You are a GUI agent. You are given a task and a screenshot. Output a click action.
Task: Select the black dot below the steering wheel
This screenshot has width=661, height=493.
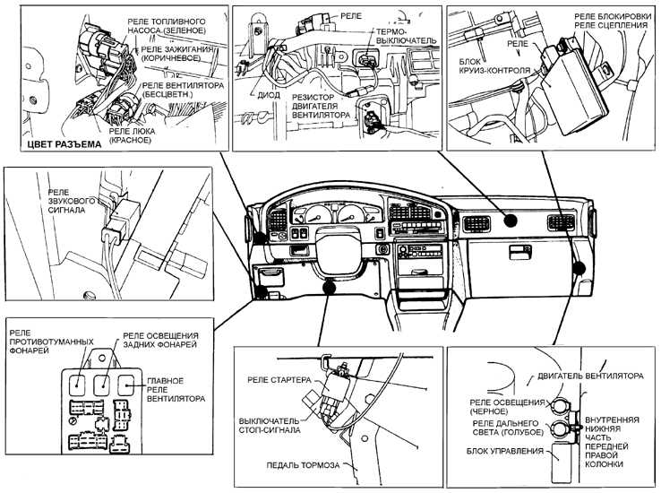(329, 287)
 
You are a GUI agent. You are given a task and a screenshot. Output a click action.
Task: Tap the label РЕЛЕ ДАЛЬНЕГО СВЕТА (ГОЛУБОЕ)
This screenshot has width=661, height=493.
(507, 428)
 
